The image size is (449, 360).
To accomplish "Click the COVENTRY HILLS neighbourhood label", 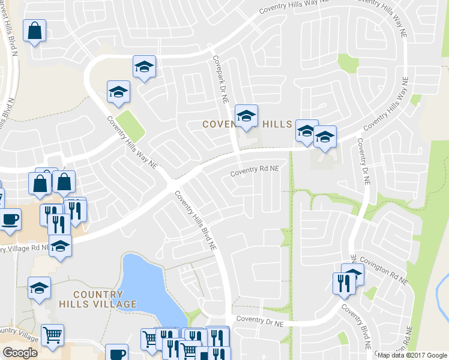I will pyautogui.click(x=247, y=125).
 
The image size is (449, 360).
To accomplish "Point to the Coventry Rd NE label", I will pyautogui.click(x=255, y=170).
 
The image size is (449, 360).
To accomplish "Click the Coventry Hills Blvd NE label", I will pyautogui.click(x=196, y=220).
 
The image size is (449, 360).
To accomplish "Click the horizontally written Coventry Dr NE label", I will pyautogui.click(x=259, y=322).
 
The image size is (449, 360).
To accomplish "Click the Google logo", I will pyautogui.click(x=20, y=353).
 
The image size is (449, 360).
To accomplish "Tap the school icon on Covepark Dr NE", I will pyautogui.click(x=246, y=116).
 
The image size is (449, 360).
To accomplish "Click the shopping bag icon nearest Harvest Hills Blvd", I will pyautogui.click(x=35, y=30).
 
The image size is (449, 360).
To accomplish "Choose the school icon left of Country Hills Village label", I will pyautogui.click(x=40, y=287).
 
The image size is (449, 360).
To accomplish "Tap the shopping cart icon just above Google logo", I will pyautogui.click(x=53, y=335).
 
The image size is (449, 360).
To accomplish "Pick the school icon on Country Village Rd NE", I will pyautogui.click(x=59, y=246).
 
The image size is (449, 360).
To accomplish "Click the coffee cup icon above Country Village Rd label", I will pyautogui.click(x=10, y=220).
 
